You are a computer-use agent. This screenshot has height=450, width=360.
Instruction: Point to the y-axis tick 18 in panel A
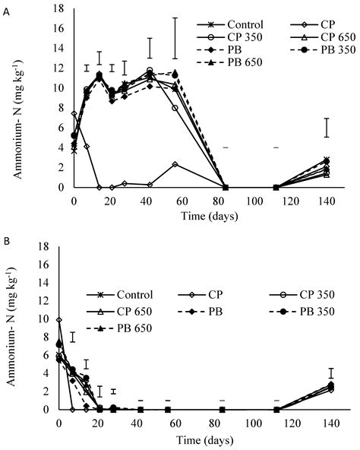click(x=63, y=8)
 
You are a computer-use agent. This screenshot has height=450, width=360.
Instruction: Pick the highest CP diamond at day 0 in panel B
click(x=59, y=320)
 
